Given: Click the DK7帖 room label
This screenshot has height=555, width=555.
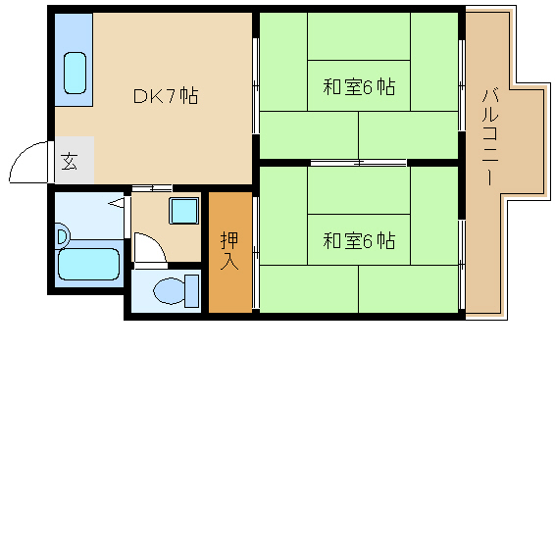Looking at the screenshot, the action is coord(166,95).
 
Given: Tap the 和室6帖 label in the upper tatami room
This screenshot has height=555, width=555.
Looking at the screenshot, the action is coord(359,86).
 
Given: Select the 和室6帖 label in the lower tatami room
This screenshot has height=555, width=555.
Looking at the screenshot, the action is coord(359,240).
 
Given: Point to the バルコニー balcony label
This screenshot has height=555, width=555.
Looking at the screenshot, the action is coord(490,137).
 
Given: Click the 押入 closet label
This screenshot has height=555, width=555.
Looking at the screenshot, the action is coord(229,251).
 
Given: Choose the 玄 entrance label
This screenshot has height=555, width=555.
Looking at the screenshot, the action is coord(69,162).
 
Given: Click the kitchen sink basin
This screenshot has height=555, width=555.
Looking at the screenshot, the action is coord(76,73).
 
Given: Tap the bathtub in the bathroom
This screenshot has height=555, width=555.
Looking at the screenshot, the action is coord(88,264).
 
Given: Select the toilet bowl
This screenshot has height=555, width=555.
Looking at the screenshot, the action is coord(170,291).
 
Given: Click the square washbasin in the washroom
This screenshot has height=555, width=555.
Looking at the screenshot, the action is coord(183,211).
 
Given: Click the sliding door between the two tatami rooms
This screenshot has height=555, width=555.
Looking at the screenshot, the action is coord(358,163).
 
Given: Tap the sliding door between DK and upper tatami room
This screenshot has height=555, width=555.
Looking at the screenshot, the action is coord(256,86).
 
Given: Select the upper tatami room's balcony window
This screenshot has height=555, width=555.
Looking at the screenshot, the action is coord(462,85).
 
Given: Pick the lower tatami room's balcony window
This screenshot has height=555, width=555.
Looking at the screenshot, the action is coord(462,265).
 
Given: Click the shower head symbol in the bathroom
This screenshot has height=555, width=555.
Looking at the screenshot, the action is coord(116,203).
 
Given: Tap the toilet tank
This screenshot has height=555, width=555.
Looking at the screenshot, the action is coord(192,291).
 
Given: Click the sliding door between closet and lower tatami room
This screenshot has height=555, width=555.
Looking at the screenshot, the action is coord(256,253).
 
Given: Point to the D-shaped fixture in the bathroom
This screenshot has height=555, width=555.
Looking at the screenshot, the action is coord(63,235).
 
